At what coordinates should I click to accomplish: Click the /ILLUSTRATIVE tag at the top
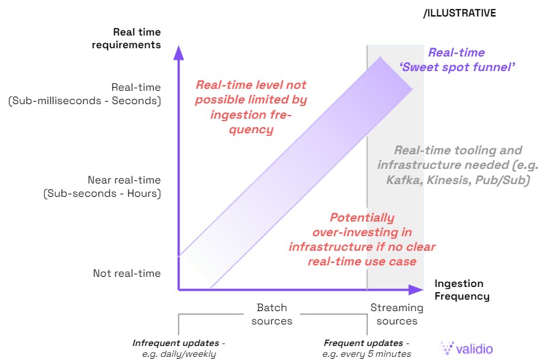point(460,13)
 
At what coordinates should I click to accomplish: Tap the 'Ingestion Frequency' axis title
point(462,290)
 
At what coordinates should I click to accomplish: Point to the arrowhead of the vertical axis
point(178,52)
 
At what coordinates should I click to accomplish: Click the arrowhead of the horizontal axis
point(417,290)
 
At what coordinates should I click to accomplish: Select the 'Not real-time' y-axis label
point(127,273)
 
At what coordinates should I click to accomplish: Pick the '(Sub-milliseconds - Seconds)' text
point(85,101)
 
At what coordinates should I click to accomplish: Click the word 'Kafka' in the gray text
point(403,180)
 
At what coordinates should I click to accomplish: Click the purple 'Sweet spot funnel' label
point(457,67)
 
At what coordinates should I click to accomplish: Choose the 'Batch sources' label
point(272,314)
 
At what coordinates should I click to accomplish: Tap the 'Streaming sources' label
point(397,314)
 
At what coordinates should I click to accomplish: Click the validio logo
point(466,348)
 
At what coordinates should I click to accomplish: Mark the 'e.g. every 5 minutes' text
point(367,354)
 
